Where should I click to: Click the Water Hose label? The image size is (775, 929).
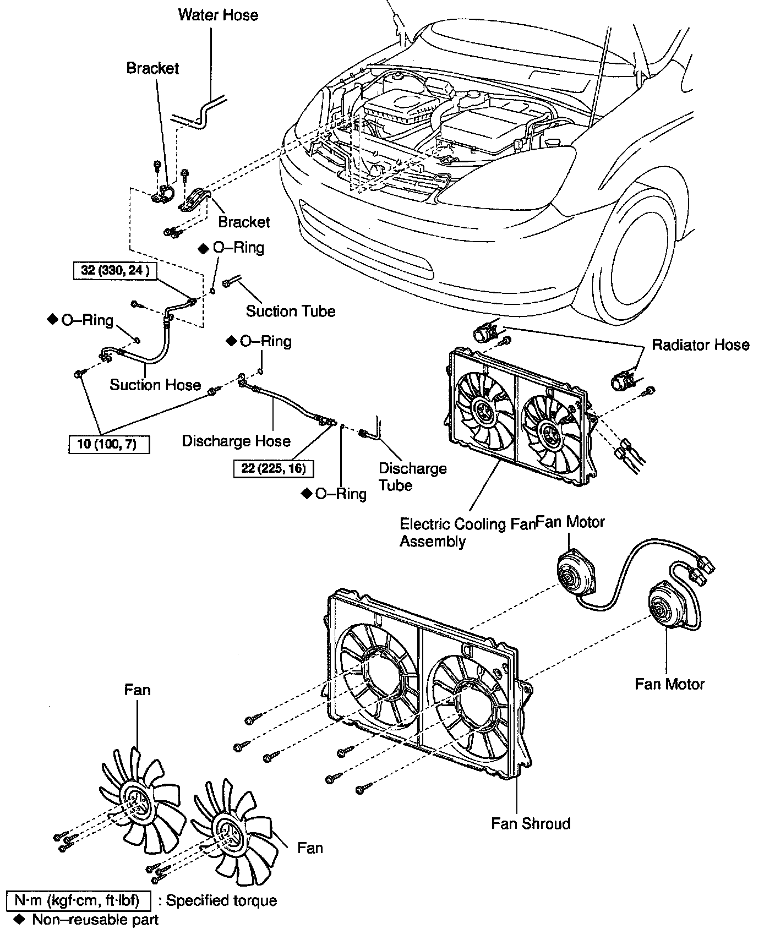pyautogui.click(x=218, y=15)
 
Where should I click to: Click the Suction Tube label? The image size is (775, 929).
pyautogui.click(x=290, y=311)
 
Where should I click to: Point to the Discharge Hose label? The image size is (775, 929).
pyautogui.click(x=236, y=441)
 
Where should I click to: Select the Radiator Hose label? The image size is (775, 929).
pyautogui.click(x=700, y=345)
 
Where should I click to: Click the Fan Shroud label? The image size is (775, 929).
pyautogui.click(x=531, y=823)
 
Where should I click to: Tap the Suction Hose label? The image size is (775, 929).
pyautogui.click(x=155, y=385)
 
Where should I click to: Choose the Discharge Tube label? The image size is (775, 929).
pyautogui.click(x=412, y=477)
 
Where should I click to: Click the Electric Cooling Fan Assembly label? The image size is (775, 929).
pyautogui.click(x=467, y=532)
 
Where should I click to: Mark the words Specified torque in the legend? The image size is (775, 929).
pyautogui.click(x=221, y=900)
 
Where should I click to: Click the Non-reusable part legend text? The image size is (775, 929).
pyautogui.click(x=95, y=919)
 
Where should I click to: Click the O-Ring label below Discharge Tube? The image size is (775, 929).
pyautogui.click(x=340, y=494)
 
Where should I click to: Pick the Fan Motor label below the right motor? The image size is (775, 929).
pyautogui.click(x=669, y=684)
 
